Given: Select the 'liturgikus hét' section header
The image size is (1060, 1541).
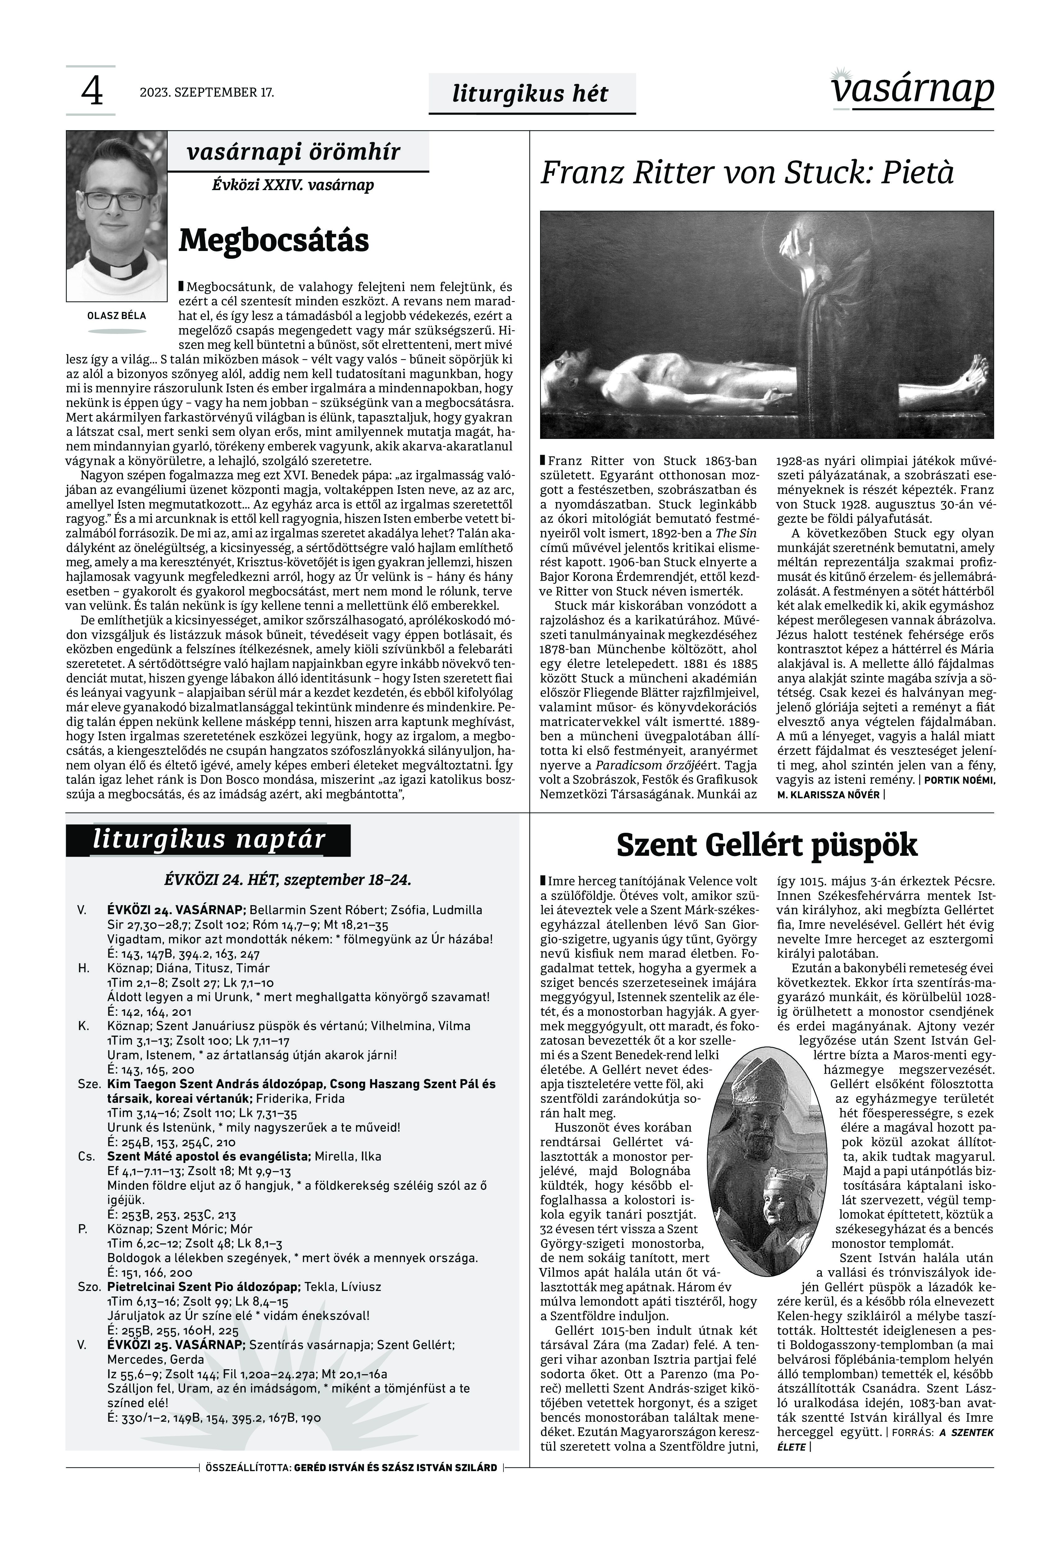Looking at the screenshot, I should [530, 94].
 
